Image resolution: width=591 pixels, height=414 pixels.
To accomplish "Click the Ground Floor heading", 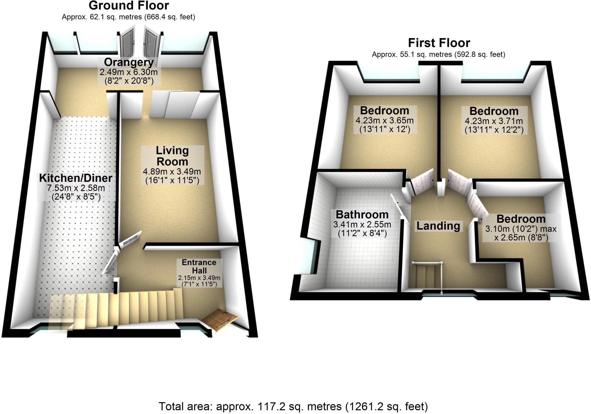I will [129, 5].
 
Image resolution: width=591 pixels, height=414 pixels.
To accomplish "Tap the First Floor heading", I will [439, 43].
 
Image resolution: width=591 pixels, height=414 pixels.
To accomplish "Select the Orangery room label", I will [129, 62].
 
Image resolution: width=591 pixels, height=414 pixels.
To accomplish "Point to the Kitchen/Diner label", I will [76, 178].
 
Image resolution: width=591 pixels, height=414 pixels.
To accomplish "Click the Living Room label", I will [172, 156].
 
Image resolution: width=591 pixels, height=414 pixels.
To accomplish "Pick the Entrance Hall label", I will [199, 266].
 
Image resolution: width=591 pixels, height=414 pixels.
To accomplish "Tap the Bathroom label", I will [362, 215].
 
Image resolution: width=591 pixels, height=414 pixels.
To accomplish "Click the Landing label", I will [438, 226].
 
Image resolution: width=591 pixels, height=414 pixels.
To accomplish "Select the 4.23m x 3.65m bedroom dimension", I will [384, 120].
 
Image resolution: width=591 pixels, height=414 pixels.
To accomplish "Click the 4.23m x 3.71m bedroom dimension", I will [494, 121].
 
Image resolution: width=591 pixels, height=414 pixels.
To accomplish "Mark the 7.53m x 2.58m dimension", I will [76, 188].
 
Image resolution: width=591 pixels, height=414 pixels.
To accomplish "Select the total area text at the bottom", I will [293, 406].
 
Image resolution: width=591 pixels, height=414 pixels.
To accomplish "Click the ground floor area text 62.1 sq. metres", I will [128, 17].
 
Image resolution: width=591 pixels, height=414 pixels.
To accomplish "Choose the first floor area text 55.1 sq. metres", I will [438, 55].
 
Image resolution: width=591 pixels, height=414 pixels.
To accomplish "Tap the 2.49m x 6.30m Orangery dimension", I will [129, 72].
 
